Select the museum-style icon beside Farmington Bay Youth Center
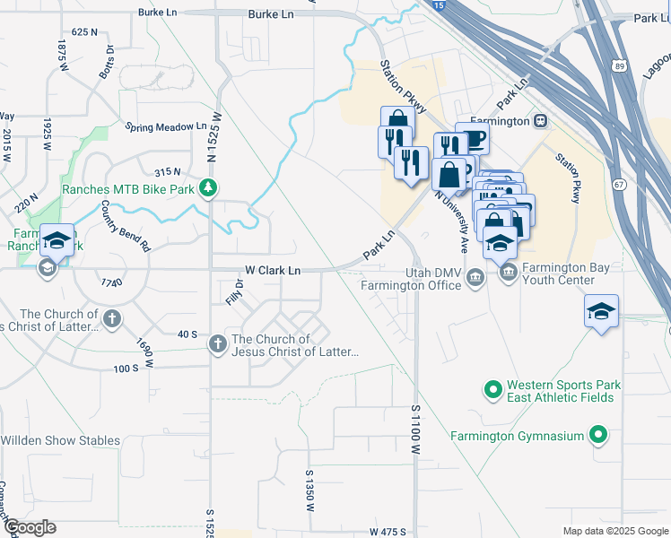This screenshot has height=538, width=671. (x=509, y=273)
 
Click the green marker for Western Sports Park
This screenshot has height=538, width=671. (x=492, y=390)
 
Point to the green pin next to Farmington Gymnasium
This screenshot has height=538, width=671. (x=599, y=437)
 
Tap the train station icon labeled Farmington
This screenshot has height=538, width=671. (x=540, y=120)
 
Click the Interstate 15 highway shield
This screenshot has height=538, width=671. (x=438, y=5)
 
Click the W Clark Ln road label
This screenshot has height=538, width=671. (x=273, y=270)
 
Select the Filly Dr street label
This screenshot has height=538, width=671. (x=233, y=291)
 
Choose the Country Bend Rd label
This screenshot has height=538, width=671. (x=126, y=228)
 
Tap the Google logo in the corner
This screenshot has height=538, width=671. (x=30, y=527)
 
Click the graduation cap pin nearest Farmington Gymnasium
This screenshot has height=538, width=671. (x=601, y=311)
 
